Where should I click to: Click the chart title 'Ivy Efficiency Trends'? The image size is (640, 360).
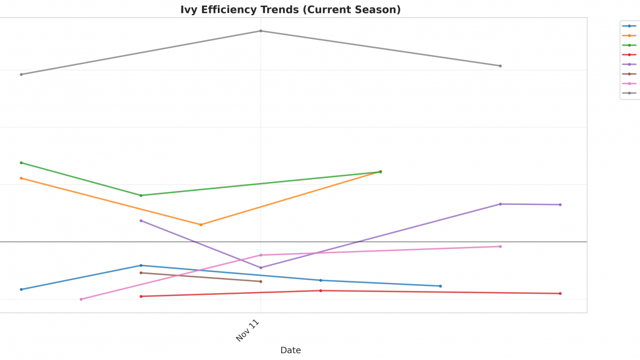tap(290, 10)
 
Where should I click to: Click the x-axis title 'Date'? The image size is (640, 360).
tap(290, 350)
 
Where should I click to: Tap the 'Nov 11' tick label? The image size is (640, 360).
tap(248, 330)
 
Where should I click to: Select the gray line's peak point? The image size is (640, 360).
tap(260, 31)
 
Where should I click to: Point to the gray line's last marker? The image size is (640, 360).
tap(500, 66)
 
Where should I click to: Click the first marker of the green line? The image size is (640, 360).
tap(21, 163)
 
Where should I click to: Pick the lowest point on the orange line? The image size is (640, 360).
tap(201, 225)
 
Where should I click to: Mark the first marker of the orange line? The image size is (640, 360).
tap(21, 178)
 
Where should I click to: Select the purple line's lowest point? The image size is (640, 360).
tap(260, 268)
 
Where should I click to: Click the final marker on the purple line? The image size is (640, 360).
tap(560, 204)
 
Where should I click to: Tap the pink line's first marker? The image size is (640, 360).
tap(81, 299)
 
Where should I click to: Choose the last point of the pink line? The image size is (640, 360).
tap(500, 247)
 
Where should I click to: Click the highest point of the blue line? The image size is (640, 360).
tap(141, 265)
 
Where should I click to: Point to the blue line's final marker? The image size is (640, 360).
tap(440, 286)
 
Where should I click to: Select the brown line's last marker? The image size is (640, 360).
tap(260, 281)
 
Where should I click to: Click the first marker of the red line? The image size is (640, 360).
tap(141, 297)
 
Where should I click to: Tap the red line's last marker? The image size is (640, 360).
tap(560, 293)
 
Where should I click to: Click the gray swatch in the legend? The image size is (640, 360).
tap(629, 93)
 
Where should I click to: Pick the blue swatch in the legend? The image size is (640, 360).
tap(629, 26)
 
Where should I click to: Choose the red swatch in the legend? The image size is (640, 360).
tap(629, 54)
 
